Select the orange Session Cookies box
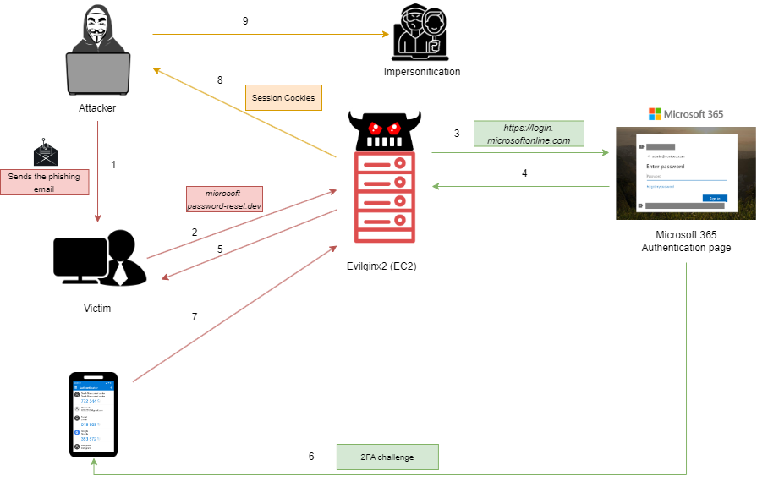coord(283,98)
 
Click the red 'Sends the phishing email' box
coord(44,182)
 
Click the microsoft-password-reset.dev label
coord(224,200)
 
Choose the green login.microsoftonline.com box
coord(529,134)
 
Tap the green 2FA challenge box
coord(387,457)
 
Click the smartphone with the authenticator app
coord(93,414)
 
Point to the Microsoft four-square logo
coord(654,113)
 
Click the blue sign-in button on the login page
coord(715,198)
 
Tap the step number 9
coord(245,21)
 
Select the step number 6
coord(311,457)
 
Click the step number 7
coord(195,317)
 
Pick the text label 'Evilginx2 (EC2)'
coord(381,266)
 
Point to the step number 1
coord(114,165)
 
